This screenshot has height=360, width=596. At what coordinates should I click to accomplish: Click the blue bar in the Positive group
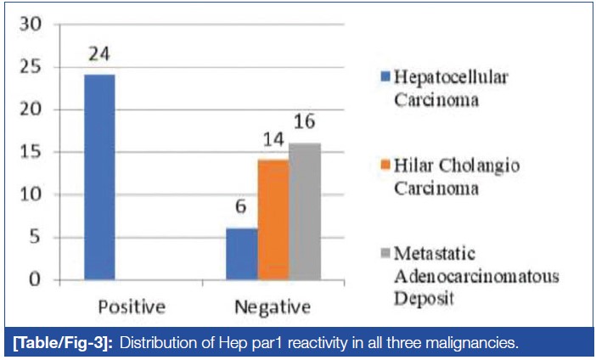tap(100, 177)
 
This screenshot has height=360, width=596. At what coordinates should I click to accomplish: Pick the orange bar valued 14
tap(274, 219)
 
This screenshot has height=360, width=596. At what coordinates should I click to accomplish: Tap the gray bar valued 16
tap(306, 211)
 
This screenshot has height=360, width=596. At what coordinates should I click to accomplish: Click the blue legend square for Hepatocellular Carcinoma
tap(384, 77)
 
